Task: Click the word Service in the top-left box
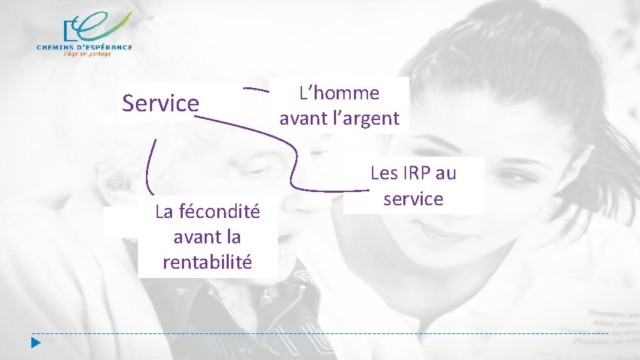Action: pos(161,103)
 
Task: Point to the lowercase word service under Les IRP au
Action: pos(413,199)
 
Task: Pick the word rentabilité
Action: pos(207,262)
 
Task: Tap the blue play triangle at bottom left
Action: pos(36,342)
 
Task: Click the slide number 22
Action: pos(51,341)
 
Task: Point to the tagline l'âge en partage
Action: pos(87,54)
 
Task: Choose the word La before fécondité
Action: pos(164,212)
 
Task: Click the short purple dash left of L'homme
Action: pos(256,88)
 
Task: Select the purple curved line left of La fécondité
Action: pos(149,167)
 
